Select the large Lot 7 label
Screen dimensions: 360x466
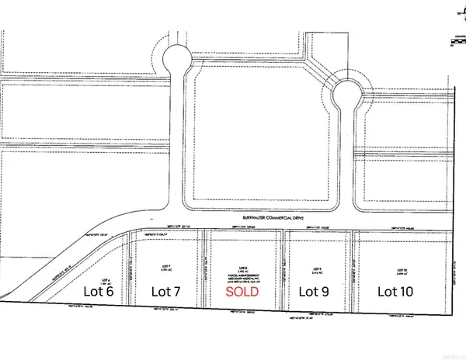click(165, 292)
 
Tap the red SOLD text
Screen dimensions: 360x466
click(244, 292)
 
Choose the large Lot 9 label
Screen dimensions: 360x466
click(316, 292)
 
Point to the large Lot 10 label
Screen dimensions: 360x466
click(395, 292)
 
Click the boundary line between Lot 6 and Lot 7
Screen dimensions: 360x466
click(127, 272)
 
